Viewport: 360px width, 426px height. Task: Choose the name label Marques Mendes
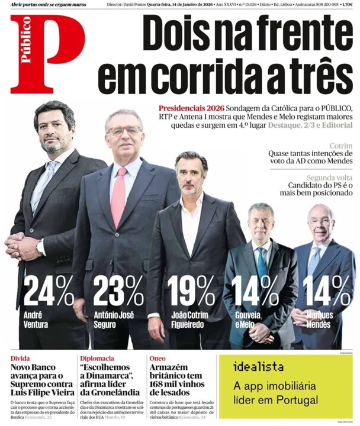[x=320, y=319]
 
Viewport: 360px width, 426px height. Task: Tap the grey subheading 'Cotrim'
[x=340, y=145]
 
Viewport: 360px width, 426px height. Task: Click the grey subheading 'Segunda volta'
[x=330, y=178]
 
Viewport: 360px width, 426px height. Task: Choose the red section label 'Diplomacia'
[x=97, y=358]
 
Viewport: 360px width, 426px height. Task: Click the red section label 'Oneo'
[x=157, y=358]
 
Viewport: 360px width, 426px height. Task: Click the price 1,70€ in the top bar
[x=348, y=5]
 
